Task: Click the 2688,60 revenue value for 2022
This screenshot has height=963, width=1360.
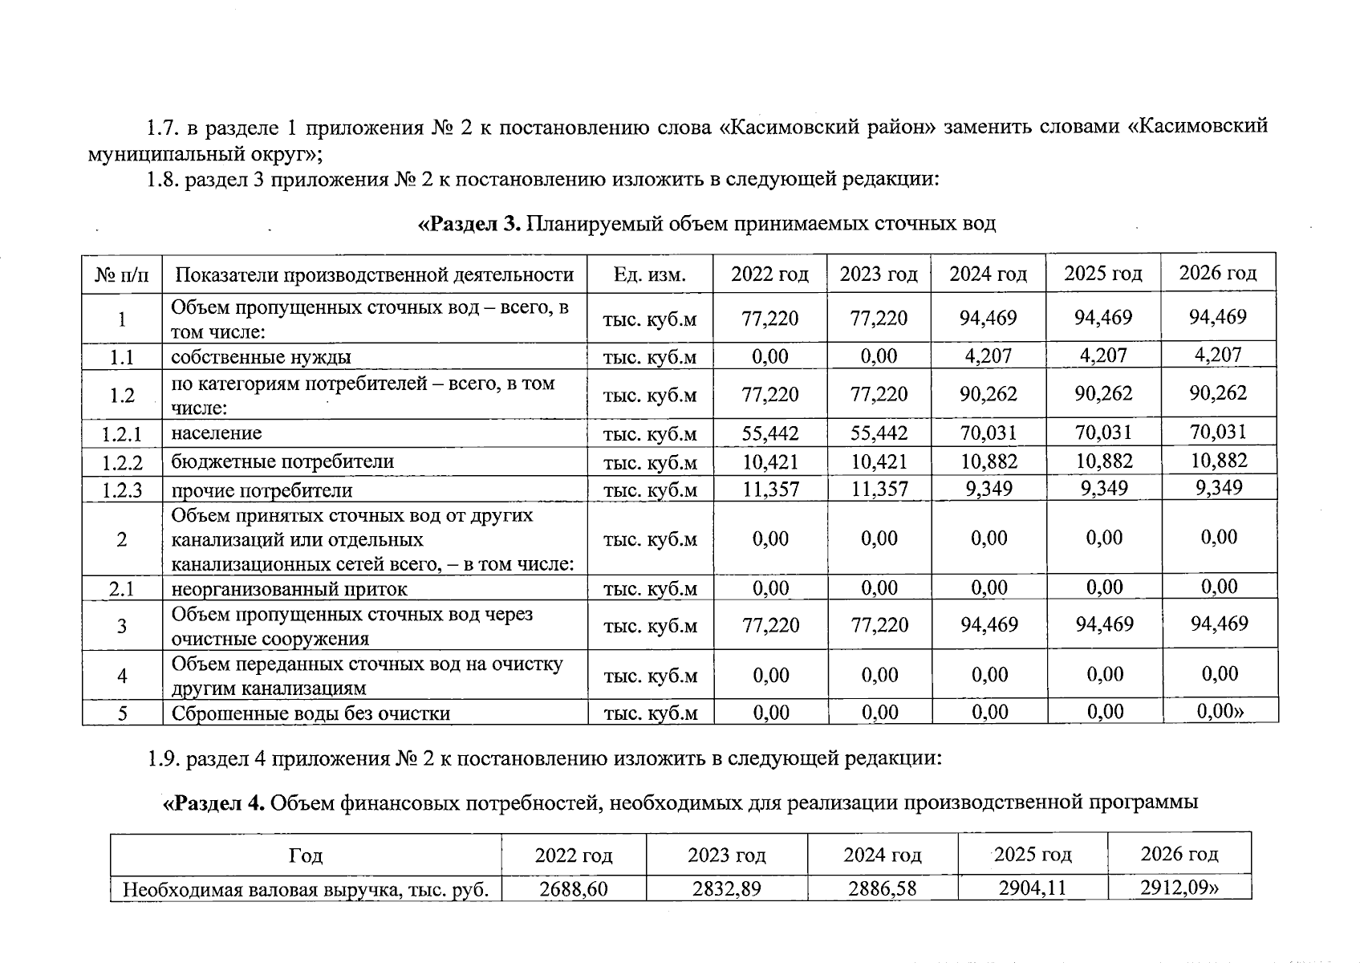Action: tap(573, 889)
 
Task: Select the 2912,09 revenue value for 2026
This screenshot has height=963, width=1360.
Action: tap(1179, 888)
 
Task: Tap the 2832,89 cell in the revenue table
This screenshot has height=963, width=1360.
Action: tap(726, 889)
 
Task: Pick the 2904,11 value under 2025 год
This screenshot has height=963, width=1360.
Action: tap(1033, 888)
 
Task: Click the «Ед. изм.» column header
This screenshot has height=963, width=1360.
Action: tap(650, 275)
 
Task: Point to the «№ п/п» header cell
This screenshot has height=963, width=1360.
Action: tap(122, 275)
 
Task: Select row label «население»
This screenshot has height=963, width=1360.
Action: tap(217, 433)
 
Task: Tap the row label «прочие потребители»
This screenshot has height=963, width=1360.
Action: tap(262, 490)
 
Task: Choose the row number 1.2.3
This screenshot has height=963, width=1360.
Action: tap(122, 490)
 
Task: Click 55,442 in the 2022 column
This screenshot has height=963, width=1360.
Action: tap(770, 434)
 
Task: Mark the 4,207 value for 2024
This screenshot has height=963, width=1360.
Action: tap(989, 356)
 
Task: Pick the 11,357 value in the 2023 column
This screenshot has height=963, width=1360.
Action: tap(879, 490)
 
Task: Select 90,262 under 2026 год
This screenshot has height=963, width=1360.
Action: tap(1219, 393)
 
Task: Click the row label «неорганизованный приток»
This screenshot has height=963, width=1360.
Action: tap(289, 589)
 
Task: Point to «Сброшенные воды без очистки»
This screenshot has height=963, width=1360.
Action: tap(311, 713)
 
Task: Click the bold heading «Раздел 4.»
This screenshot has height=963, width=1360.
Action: tap(214, 802)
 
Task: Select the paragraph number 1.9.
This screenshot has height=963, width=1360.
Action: tap(164, 758)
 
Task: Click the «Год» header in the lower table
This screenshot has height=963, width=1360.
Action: tap(306, 856)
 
